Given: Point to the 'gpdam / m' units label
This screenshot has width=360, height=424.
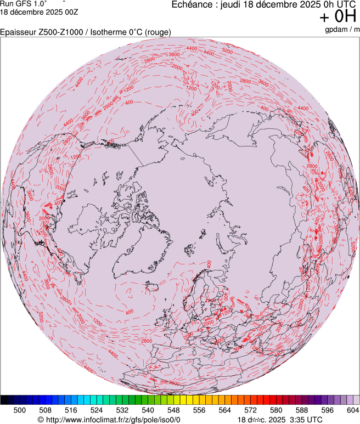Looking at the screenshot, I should click(x=341, y=30).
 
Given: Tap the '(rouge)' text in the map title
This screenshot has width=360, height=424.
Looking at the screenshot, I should click(x=157, y=32).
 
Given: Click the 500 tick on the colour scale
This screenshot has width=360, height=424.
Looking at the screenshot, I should click(x=19, y=410).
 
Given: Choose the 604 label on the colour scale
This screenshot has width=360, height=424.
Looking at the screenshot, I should click(x=353, y=410).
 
